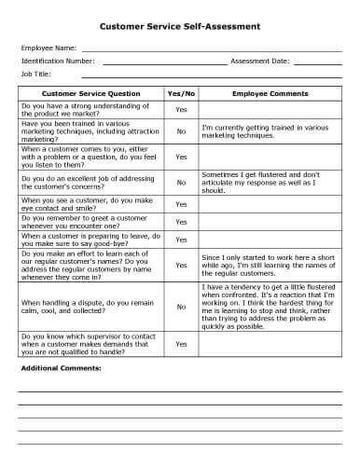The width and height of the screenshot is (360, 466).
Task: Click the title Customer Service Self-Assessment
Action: pyautogui.click(x=180, y=27)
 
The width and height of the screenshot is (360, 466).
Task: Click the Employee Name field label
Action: pyautogui.click(x=48, y=47)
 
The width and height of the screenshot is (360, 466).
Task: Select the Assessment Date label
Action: pyautogui.click(x=260, y=60)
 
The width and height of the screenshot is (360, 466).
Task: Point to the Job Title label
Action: pyautogui.click(x=36, y=73)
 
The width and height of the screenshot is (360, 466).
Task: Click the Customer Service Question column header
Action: pyautogui.click(x=91, y=94)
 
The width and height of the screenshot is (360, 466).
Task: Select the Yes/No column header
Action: pyautogui.click(x=181, y=94)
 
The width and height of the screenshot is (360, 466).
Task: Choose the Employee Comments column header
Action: pyautogui.click(x=270, y=94)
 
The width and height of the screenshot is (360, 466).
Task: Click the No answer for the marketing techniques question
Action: pyautogui.click(x=181, y=132)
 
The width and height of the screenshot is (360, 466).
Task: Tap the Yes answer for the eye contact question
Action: pyautogui.click(x=181, y=204)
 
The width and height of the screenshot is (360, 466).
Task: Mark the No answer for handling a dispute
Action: pyautogui.click(x=181, y=306)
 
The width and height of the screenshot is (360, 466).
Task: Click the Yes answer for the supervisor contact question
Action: pyautogui.click(x=181, y=344)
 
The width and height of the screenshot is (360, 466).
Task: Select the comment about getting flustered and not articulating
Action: pyautogui.click(x=268, y=182)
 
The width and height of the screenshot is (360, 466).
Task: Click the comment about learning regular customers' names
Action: pyautogui.click(x=270, y=266)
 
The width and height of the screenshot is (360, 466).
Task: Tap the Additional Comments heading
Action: pyautogui.click(x=61, y=368)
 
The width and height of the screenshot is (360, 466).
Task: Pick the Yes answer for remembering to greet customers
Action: pyautogui.click(x=181, y=222)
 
